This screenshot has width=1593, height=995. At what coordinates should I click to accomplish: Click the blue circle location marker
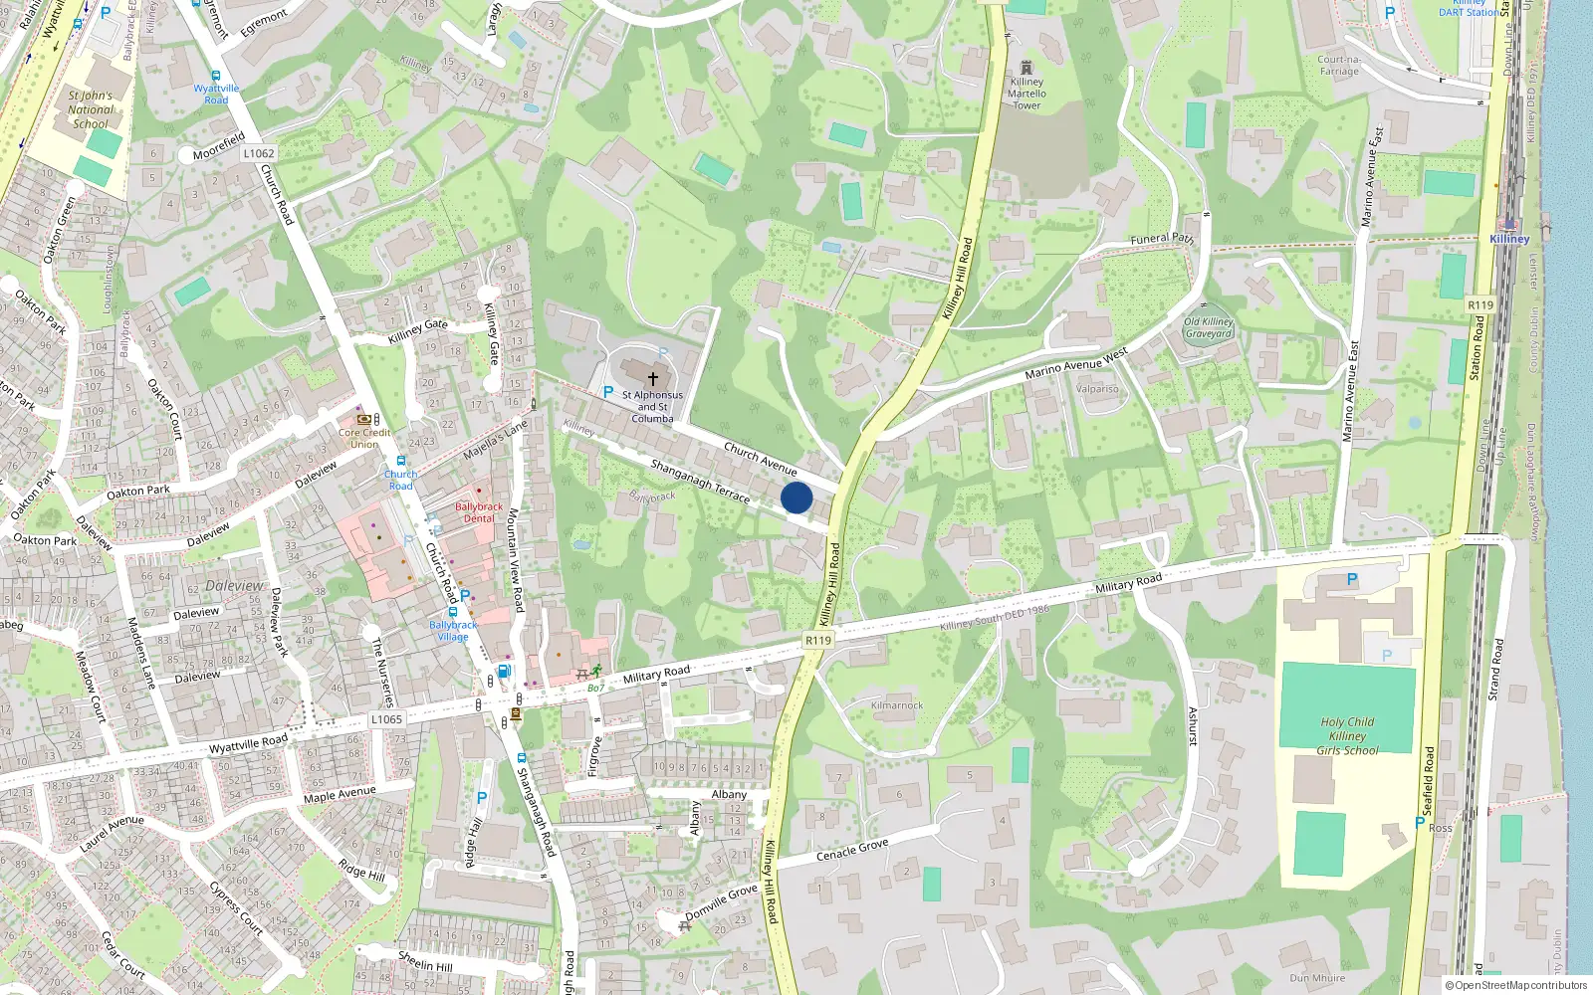click(x=796, y=497)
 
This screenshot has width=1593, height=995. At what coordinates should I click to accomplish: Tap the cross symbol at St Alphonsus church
click(x=653, y=378)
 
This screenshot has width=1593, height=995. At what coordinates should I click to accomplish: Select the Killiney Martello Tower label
click(x=1026, y=94)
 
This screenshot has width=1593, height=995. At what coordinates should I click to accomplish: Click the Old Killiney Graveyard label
click(x=1209, y=327)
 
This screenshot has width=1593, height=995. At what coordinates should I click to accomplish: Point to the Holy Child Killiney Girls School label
click(x=1347, y=736)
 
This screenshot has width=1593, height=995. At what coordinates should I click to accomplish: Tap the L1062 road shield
click(x=259, y=153)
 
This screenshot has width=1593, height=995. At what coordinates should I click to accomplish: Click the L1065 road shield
click(x=386, y=719)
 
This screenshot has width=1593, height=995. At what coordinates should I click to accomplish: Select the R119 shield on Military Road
click(x=818, y=640)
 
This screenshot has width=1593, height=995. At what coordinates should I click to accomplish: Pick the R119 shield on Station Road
click(x=1480, y=304)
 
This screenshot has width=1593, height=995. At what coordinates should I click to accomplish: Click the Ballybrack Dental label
click(x=479, y=512)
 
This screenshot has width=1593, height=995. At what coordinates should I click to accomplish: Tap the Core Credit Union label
click(x=364, y=438)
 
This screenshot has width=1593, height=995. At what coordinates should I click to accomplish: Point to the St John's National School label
click(x=91, y=110)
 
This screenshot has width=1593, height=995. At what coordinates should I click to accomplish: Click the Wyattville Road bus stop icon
click(x=216, y=76)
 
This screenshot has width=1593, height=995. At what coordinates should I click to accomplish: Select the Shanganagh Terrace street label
click(x=700, y=481)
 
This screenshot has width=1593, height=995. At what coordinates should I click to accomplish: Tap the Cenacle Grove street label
click(x=852, y=850)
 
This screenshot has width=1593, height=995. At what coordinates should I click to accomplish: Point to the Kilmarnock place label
click(x=897, y=705)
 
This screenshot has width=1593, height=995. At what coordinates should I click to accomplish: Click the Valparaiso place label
click(x=1097, y=389)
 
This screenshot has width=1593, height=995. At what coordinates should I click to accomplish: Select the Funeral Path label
click(x=1162, y=239)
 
